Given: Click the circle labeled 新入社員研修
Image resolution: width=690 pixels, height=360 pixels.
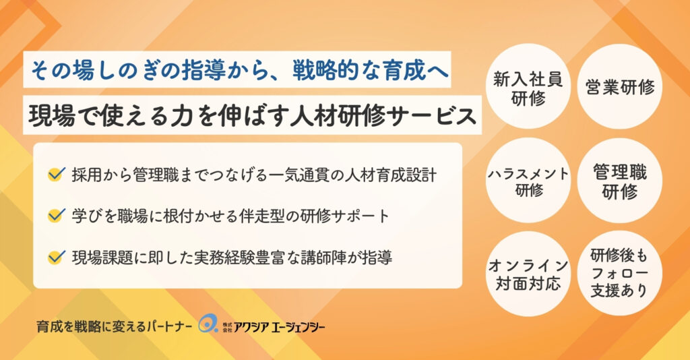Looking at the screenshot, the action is (528, 86).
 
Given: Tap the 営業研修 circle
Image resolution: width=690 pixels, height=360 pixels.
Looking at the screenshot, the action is (620, 86).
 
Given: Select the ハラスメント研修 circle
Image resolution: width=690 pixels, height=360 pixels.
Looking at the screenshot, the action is (528, 180).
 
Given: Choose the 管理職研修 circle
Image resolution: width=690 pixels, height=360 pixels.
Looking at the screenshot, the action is (620, 180).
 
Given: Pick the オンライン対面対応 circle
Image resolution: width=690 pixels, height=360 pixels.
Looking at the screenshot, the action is (528, 273).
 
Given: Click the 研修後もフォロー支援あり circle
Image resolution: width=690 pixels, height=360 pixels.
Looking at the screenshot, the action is (620, 273).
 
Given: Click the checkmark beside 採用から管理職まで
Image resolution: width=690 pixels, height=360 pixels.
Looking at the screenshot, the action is (57, 175).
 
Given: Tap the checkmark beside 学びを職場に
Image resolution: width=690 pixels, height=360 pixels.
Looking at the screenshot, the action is (57, 215).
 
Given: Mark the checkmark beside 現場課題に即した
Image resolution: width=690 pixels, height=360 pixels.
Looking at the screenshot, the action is (57, 257).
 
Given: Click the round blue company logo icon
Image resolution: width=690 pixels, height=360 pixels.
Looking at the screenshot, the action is (208, 324).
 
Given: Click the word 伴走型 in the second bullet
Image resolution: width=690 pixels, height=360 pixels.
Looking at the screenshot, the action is (262, 216).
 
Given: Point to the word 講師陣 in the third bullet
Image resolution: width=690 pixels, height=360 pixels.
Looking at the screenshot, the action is (323, 258).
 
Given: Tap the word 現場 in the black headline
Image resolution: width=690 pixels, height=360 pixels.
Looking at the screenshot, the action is (51, 116).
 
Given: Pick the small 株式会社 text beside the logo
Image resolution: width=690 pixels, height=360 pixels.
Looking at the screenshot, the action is (227, 327).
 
